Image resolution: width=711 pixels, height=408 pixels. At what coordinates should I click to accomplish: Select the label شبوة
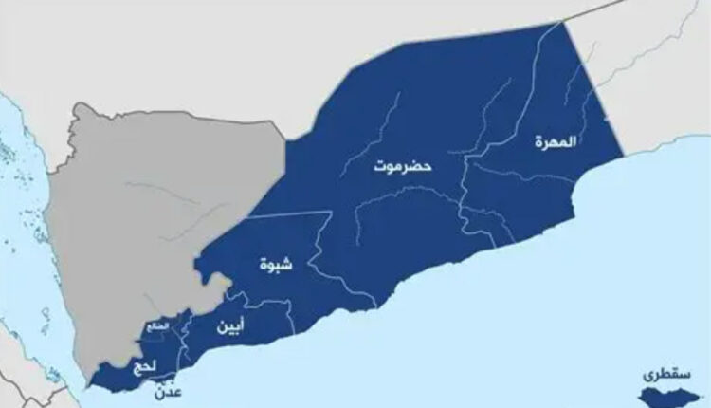click(276, 265)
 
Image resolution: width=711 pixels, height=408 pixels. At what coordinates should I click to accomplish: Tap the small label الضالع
click(156, 327)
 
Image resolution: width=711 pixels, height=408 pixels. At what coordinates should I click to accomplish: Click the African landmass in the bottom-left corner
click(19, 380)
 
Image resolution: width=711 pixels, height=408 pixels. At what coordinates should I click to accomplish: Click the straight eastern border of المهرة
click(593, 85)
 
